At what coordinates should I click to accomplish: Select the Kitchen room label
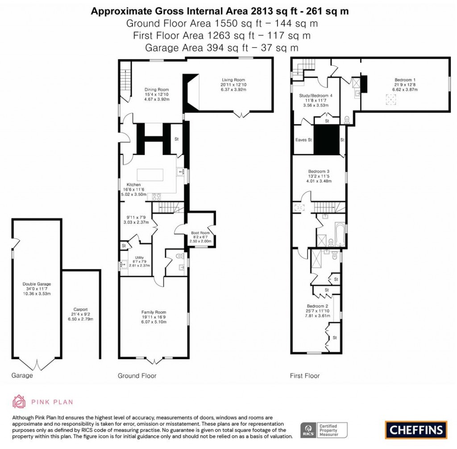click(133, 185)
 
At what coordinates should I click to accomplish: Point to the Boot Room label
click(199, 233)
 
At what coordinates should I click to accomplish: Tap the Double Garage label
click(37, 284)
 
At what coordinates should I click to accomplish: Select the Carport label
click(80, 309)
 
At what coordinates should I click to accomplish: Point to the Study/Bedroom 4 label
click(316, 96)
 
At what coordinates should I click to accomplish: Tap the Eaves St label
click(303, 140)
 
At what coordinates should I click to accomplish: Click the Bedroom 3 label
click(319, 172)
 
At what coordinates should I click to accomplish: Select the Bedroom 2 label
click(319, 306)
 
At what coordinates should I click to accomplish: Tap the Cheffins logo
click(415, 430)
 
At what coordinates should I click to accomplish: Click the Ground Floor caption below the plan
click(137, 376)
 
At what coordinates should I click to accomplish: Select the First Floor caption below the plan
click(305, 376)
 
